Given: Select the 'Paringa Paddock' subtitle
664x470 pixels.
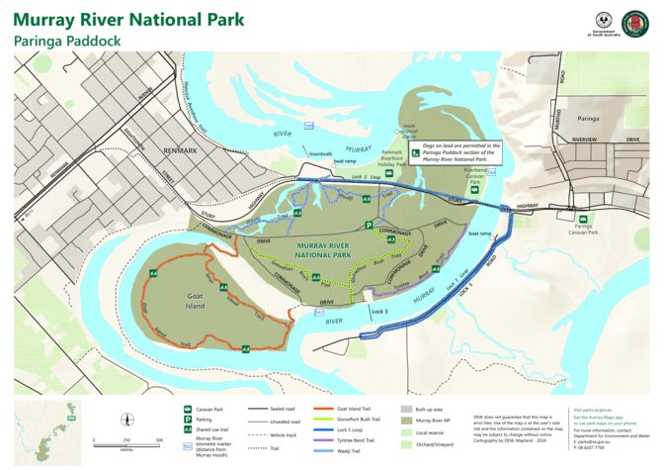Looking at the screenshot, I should click(66, 43).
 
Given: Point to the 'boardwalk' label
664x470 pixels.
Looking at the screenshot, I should click(320, 153).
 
